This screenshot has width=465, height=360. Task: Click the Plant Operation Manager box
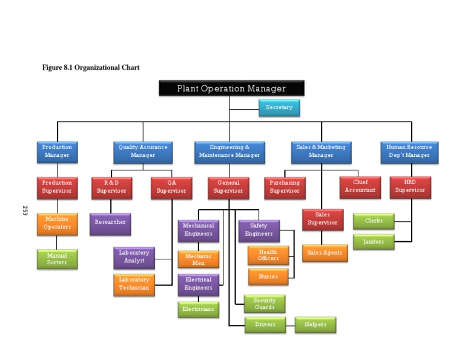point(231,88)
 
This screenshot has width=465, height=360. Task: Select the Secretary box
point(279,108)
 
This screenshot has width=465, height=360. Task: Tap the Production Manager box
point(57,152)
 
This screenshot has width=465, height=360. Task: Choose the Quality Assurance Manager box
point(143,152)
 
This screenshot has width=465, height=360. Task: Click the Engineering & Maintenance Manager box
point(229,152)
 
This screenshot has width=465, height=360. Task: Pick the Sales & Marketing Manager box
point(321,152)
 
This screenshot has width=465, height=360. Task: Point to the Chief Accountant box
point(360,187)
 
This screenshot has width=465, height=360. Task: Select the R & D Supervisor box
point(111,187)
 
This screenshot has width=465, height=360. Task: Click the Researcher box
point(110,223)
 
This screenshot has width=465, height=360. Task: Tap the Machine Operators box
point(57,224)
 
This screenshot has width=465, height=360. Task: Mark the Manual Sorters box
point(57,259)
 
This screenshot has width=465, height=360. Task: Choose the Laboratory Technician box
point(134,284)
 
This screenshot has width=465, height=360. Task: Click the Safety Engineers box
point(259,230)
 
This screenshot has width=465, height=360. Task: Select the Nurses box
point(268,277)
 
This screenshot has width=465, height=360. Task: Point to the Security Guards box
point(265,304)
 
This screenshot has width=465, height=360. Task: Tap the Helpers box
point(315,325)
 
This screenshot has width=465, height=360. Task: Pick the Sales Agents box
point(325,253)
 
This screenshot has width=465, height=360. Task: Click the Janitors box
point(374,242)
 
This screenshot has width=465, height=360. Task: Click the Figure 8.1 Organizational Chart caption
point(91,67)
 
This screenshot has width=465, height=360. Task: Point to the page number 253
point(25,211)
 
